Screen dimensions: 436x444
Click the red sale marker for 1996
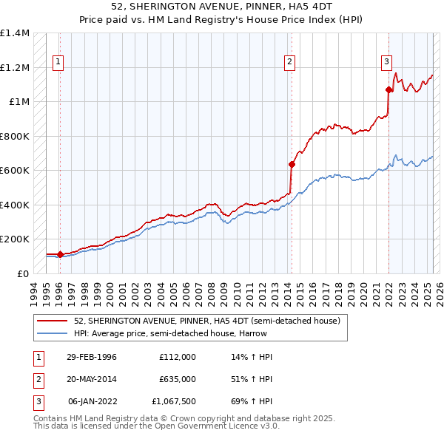coord(60,254)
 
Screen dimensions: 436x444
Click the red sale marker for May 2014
coord(292,164)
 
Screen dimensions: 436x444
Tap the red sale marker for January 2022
coord(388,90)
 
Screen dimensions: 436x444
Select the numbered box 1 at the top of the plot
coord(58,62)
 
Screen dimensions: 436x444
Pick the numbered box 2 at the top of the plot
coord(289,62)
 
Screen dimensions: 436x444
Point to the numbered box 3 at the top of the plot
coord(386,62)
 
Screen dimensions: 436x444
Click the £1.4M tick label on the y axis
coord(15,33)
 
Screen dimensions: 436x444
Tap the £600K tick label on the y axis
coord(15,171)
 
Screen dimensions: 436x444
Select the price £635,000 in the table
coord(177,378)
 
